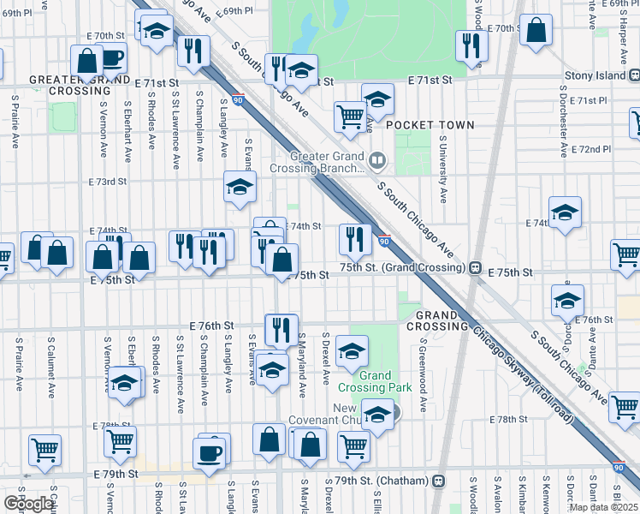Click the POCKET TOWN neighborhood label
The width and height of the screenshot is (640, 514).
[430, 125]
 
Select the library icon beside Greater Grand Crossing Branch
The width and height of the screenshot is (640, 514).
[376, 160]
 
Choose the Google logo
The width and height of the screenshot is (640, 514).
[27, 503]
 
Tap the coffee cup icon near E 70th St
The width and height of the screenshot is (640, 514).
[111, 58]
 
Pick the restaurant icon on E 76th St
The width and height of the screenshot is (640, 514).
[281, 328]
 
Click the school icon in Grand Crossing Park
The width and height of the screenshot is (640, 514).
[351, 350]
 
